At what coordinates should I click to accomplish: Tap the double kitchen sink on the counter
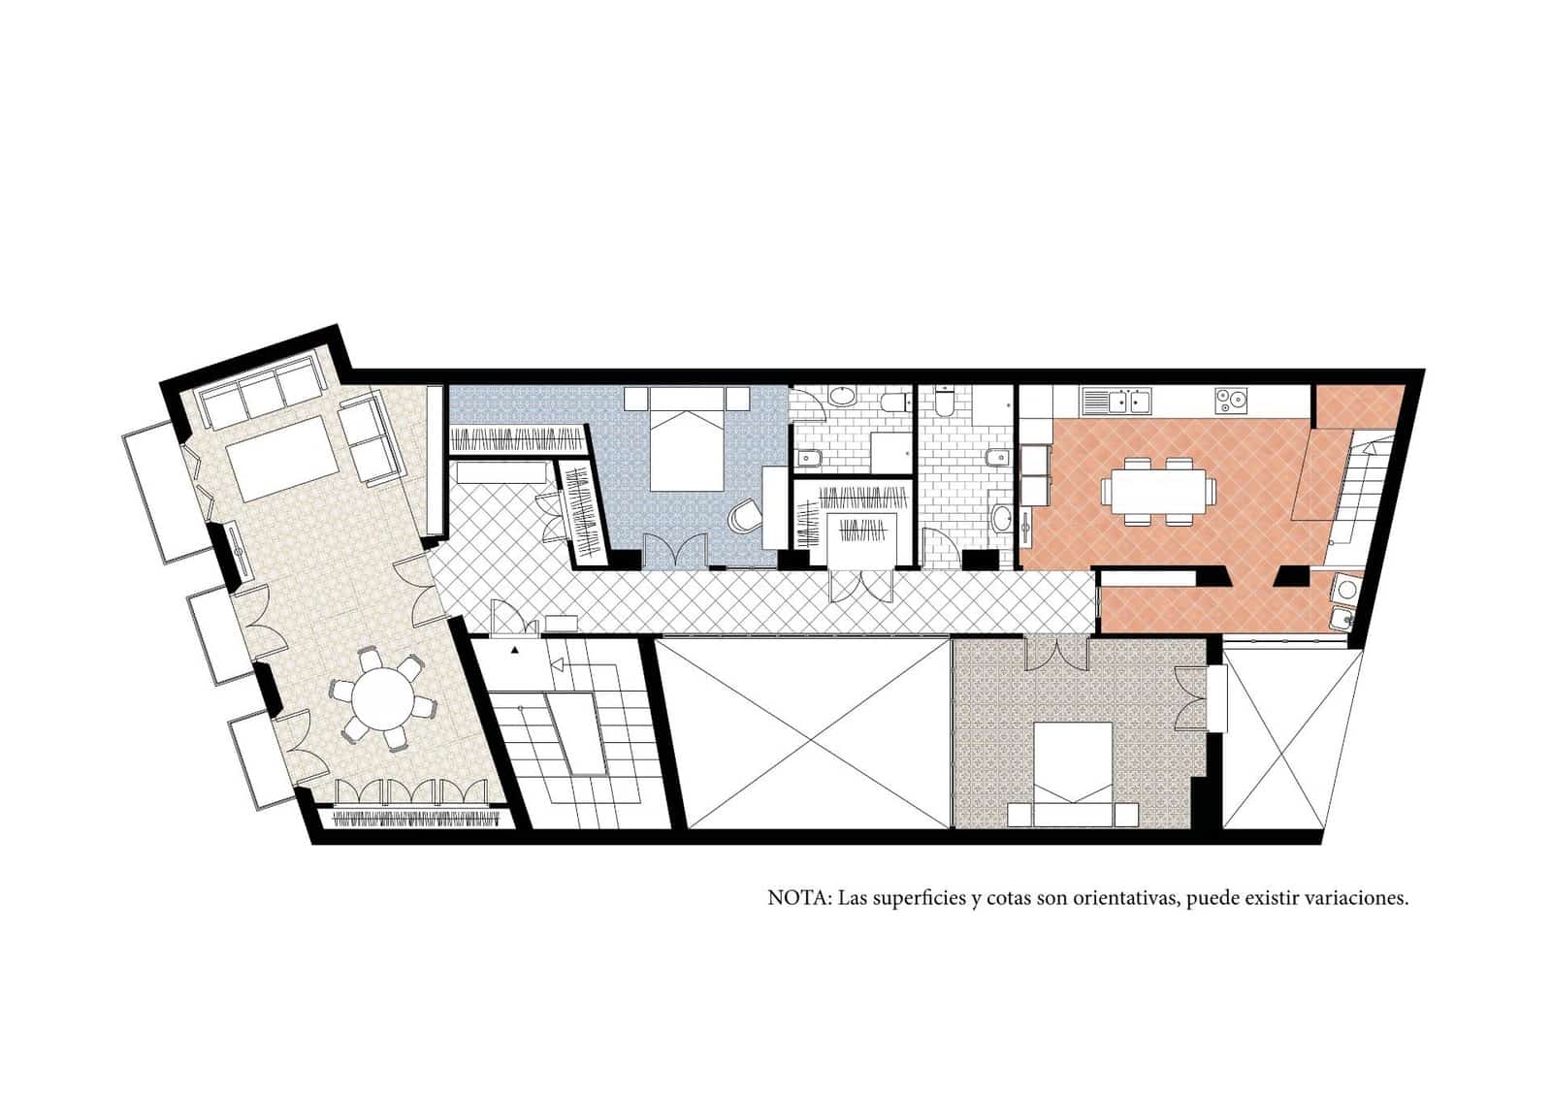[1115, 400]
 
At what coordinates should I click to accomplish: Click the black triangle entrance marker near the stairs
[516, 647]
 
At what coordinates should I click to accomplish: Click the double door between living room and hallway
[428, 593]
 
